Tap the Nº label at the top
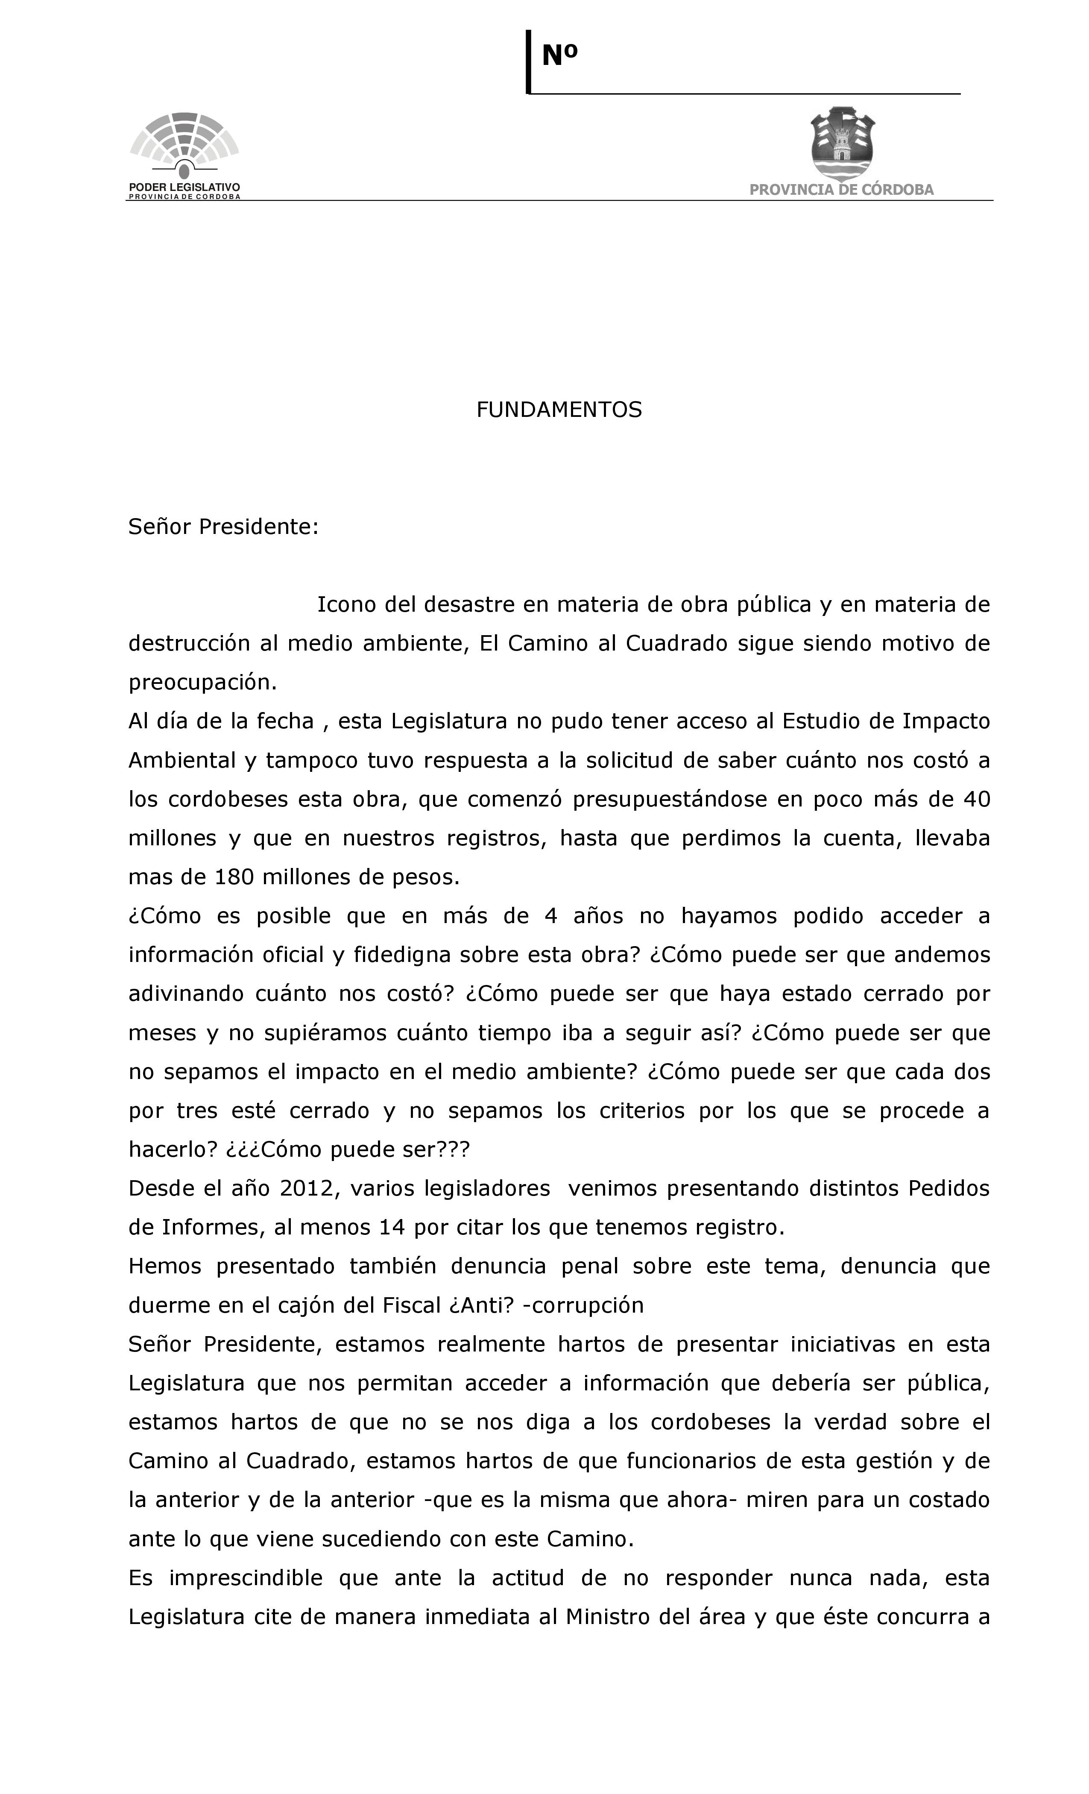(559, 56)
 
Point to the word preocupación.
(202, 682)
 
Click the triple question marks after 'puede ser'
(454, 1149)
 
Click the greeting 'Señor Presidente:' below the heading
(223, 526)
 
